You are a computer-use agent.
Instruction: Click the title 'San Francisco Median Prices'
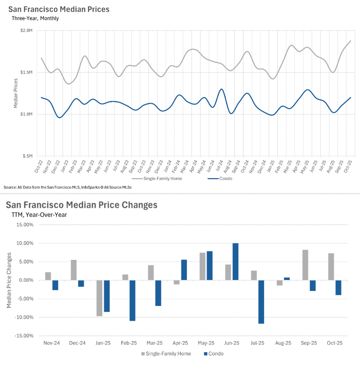point(58,9)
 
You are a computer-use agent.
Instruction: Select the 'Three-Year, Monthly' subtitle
point(35,18)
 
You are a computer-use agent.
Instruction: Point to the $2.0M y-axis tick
point(26,31)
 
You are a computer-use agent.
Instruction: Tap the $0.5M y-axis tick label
point(26,156)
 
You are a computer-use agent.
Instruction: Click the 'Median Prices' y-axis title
point(16,93)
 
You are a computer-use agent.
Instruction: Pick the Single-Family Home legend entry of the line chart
point(163,179)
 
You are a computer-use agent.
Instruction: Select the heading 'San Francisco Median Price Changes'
point(81,205)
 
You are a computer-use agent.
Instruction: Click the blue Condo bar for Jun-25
point(235,262)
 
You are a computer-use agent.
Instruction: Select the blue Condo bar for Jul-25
point(261,302)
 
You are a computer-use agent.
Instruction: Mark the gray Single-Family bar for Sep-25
point(306,265)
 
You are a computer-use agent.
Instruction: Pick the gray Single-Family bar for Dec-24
point(74,270)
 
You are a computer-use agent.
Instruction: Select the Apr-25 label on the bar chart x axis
point(180,343)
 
